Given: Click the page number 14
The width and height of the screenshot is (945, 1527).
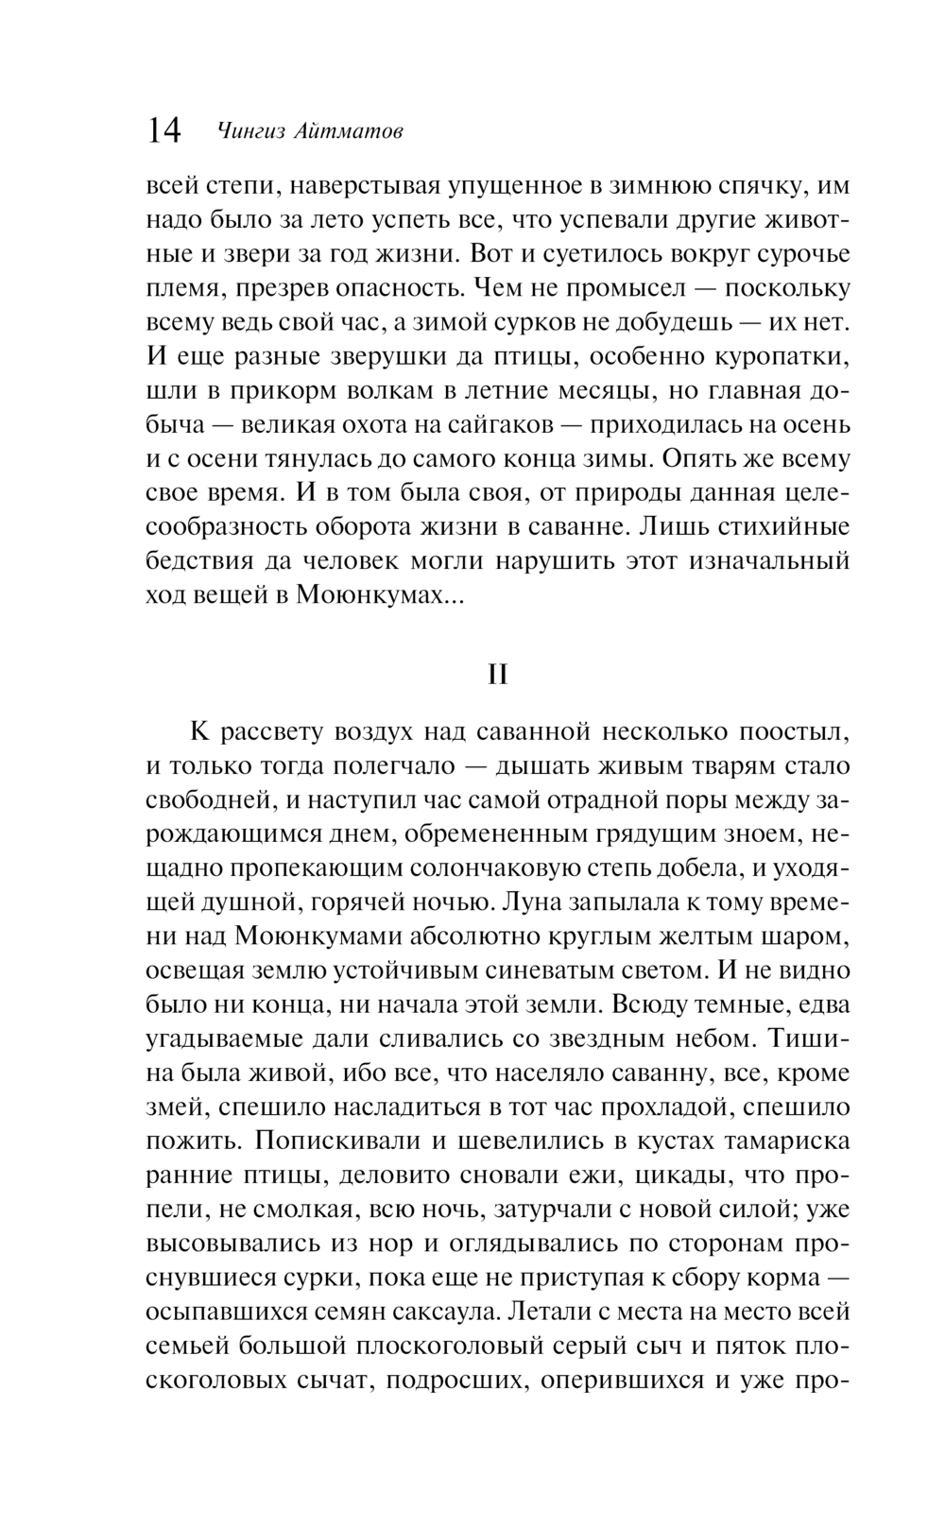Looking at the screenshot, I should coord(163,130).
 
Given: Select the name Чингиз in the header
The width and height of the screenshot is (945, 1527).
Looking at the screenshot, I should coord(248,131).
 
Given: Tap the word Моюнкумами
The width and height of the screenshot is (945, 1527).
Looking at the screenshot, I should coord(326,936).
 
